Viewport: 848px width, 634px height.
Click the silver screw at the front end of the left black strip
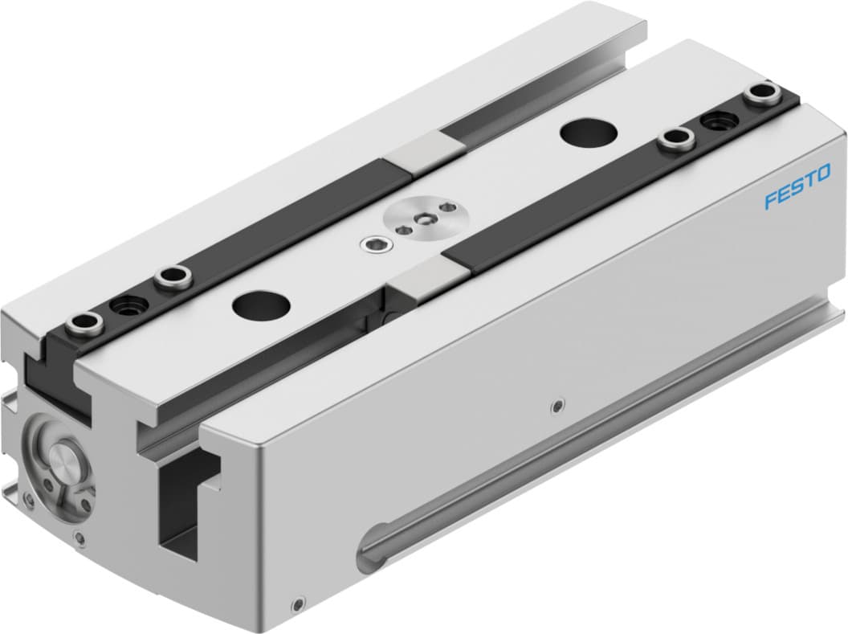tap(85, 325)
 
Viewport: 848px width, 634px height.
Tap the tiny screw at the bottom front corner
tap(298, 603)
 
